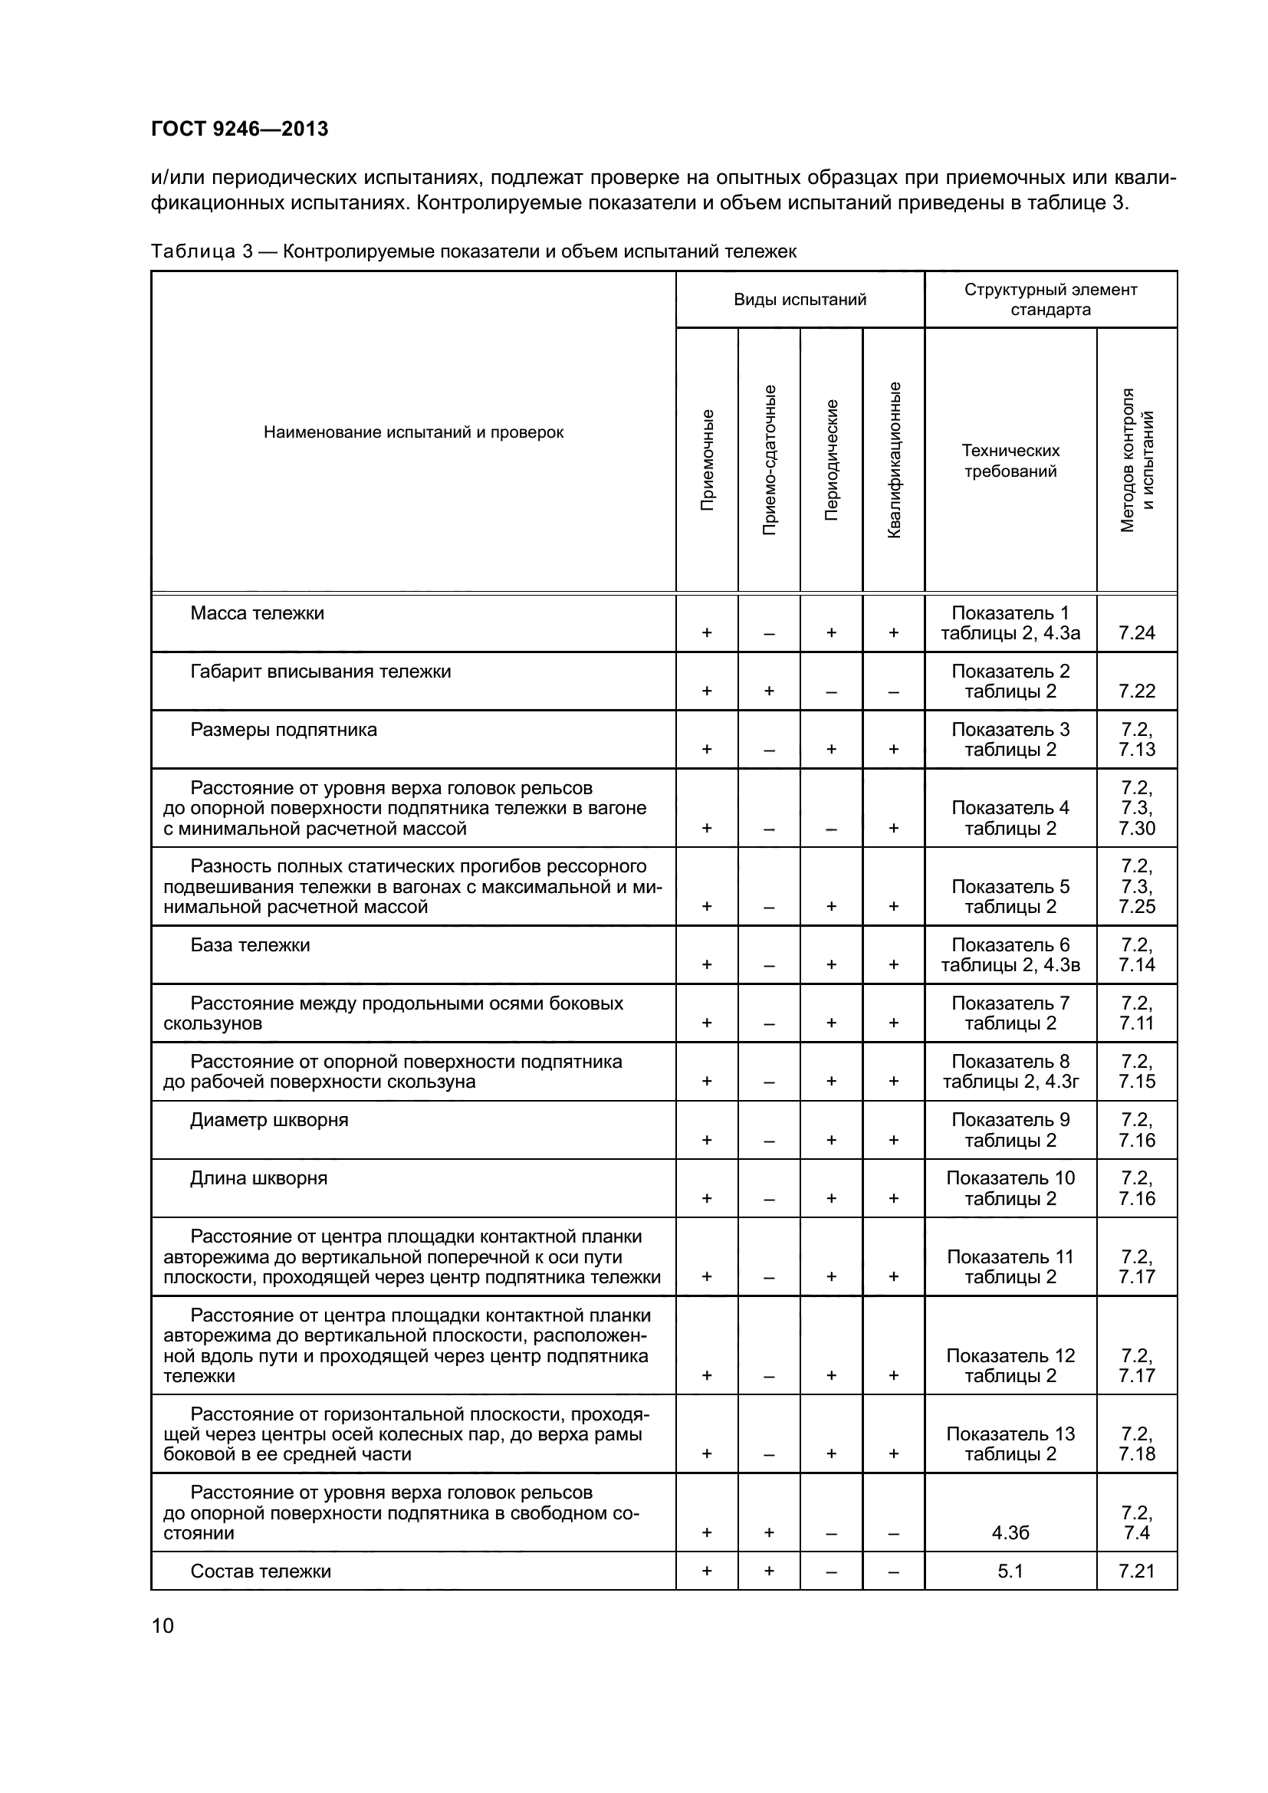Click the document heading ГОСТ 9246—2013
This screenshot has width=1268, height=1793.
(x=240, y=129)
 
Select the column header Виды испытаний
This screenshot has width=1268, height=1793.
(x=800, y=300)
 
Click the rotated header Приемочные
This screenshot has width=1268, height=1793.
(x=707, y=460)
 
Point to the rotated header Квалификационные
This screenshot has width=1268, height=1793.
(x=894, y=460)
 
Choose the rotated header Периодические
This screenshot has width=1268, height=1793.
(x=832, y=460)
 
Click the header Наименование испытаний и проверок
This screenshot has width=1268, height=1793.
(x=413, y=432)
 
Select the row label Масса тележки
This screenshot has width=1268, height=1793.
(x=257, y=613)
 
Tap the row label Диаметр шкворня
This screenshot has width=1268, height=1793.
(x=269, y=1120)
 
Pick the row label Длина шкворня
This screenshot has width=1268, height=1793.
(x=258, y=1178)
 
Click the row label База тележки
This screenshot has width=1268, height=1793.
(x=250, y=945)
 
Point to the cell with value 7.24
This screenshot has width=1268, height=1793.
(x=1136, y=633)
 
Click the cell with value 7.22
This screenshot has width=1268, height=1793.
(x=1136, y=691)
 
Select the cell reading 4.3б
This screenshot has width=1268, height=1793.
(x=1010, y=1533)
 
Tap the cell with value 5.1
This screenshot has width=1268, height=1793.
(x=1010, y=1571)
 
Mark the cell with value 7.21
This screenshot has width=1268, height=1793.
(x=1136, y=1571)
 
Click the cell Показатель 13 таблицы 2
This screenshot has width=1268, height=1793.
(x=1010, y=1444)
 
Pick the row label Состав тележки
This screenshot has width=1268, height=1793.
(x=261, y=1571)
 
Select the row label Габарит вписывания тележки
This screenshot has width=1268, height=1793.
(x=320, y=672)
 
